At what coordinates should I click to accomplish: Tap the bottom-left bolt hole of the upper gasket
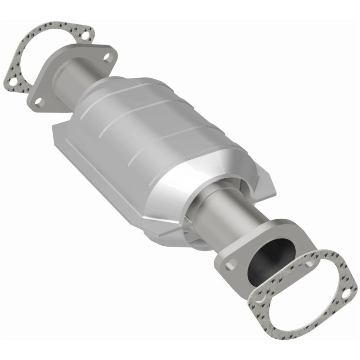click(x=15, y=82)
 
